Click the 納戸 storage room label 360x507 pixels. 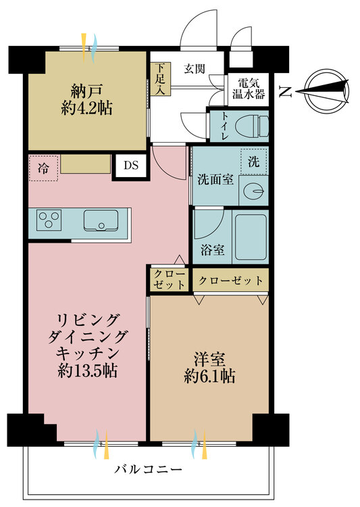click(x=87, y=91)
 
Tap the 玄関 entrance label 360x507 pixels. click(x=195, y=68)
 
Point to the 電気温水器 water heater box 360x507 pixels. click(x=248, y=89)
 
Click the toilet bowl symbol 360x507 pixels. click(x=251, y=126)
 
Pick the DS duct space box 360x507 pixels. click(x=131, y=166)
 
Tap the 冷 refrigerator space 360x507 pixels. click(x=43, y=168)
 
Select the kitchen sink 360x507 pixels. click(x=101, y=220)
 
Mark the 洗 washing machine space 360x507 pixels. click(x=254, y=162)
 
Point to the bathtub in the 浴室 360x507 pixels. click(x=251, y=237)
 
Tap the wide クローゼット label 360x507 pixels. click(x=230, y=280)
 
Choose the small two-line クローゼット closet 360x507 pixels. click(x=169, y=279)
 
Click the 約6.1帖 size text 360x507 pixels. click(x=209, y=377)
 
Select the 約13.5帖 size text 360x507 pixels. click(x=87, y=370)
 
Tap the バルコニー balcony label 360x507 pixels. click(x=148, y=468)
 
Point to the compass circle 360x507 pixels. click(x=327, y=92)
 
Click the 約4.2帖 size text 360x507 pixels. click(x=87, y=108)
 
